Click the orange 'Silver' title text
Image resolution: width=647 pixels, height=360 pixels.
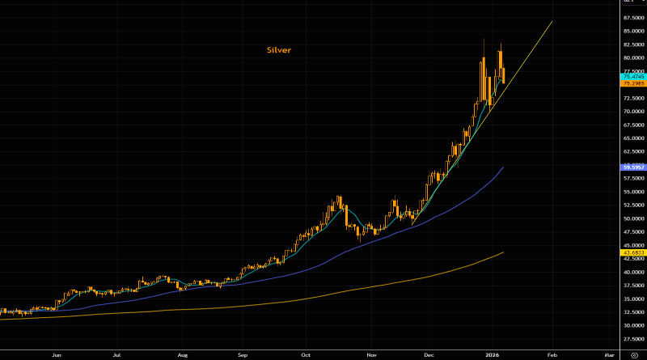[x=279, y=50]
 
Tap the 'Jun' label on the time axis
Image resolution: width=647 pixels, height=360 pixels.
[x=57, y=354]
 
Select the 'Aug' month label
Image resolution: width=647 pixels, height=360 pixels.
[x=183, y=354]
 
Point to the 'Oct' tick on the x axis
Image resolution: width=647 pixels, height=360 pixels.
[x=306, y=354]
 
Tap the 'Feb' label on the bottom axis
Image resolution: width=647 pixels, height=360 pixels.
[x=552, y=354]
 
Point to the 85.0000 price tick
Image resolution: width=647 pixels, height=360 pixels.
[x=632, y=31]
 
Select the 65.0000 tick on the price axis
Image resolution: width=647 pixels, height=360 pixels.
[x=632, y=138]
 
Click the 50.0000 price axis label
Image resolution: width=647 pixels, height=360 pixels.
[x=632, y=218]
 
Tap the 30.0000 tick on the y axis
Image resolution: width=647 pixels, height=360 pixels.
[x=632, y=325]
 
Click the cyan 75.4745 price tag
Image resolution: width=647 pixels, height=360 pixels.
[x=632, y=76]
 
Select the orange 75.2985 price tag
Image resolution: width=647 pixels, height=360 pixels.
[x=632, y=83]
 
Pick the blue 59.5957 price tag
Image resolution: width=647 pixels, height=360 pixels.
[x=632, y=167]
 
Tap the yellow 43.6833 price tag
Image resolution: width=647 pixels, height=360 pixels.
[x=632, y=252]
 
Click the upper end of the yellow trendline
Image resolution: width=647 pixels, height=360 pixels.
[x=552, y=22]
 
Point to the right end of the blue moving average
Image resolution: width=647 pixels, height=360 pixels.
[x=504, y=167]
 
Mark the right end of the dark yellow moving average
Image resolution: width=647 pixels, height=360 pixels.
[x=504, y=252]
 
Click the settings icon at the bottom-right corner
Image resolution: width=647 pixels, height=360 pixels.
[x=633, y=354]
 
